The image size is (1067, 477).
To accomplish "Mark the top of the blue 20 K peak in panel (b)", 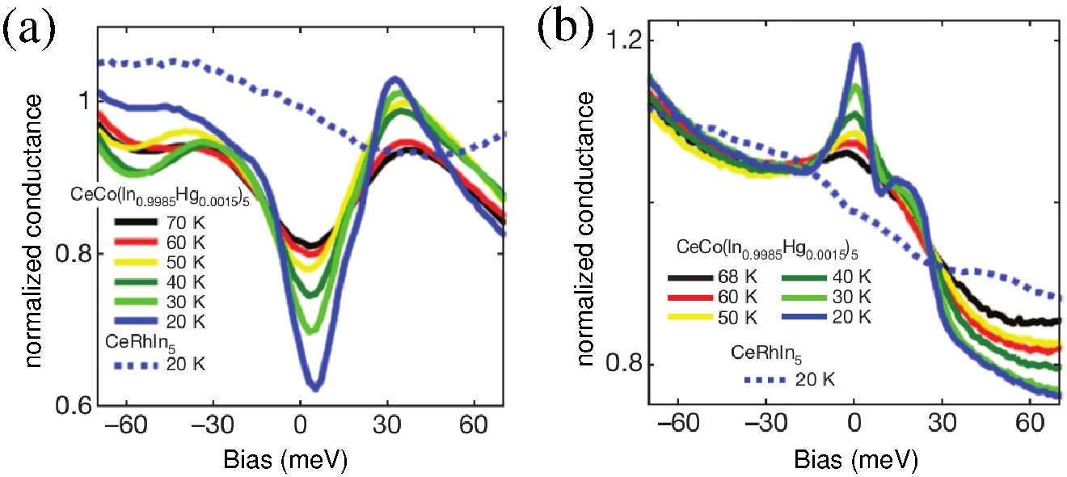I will coord(856,46).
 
